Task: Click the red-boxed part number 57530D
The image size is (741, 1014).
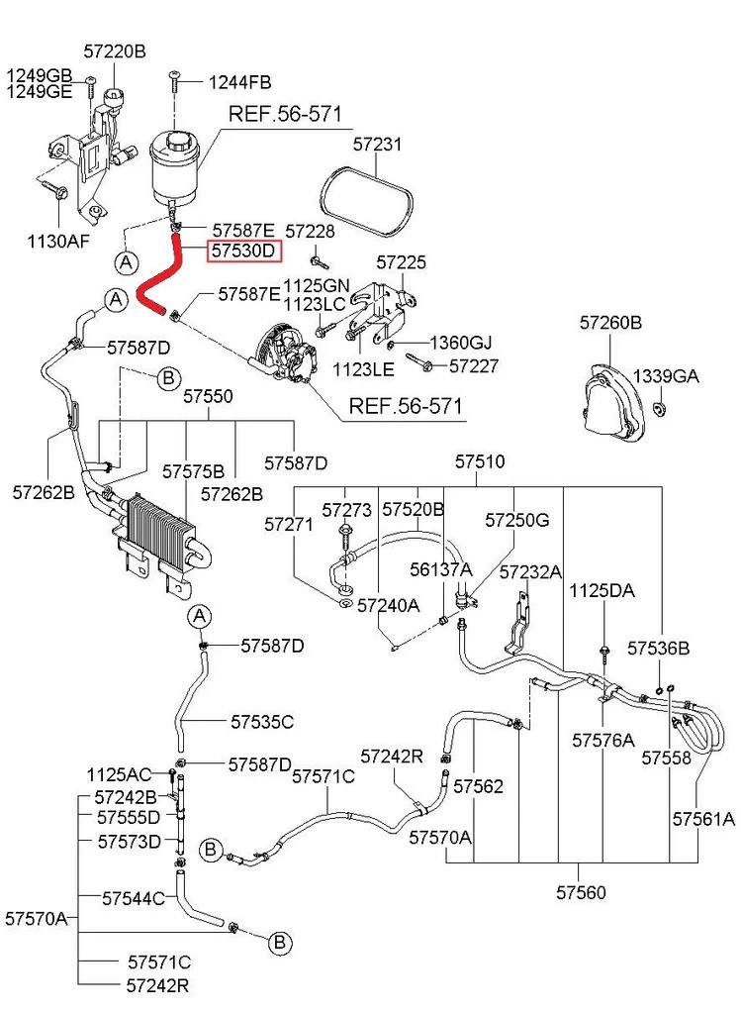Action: [244, 251]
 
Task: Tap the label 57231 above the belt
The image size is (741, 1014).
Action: [377, 144]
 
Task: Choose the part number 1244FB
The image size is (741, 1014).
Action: [239, 83]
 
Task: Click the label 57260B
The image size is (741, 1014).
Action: [610, 322]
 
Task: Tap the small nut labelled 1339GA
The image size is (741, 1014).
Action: [660, 409]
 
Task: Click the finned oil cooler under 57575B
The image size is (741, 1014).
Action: [159, 523]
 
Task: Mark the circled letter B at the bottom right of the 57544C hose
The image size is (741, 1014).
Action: [280, 943]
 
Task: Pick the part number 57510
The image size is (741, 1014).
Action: [480, 461]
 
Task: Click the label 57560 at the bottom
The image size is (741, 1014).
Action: [581, 892]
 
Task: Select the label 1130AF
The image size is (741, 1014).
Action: [58, 242]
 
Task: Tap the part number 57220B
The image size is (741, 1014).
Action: [115, 51]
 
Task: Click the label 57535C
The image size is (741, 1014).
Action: [262, 721]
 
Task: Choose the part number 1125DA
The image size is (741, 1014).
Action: [602, 590]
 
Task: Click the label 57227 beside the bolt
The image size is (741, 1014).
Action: [474, 366]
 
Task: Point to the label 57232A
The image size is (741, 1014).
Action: [530, 571]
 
